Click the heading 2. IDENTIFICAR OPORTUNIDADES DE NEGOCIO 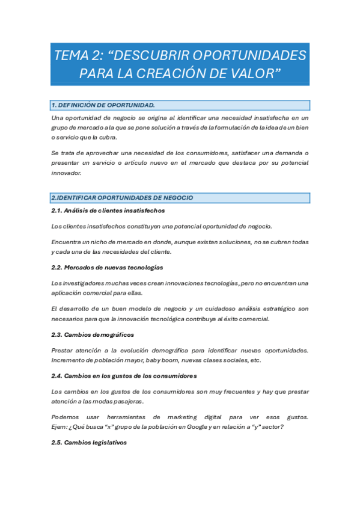122,197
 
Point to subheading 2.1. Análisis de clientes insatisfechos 108,210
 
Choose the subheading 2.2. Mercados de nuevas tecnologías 107,267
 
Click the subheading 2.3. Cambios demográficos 93,334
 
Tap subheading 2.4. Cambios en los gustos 124,376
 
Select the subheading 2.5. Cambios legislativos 89,443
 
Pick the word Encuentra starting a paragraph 67,242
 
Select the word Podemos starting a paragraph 66,417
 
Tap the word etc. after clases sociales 255,360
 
